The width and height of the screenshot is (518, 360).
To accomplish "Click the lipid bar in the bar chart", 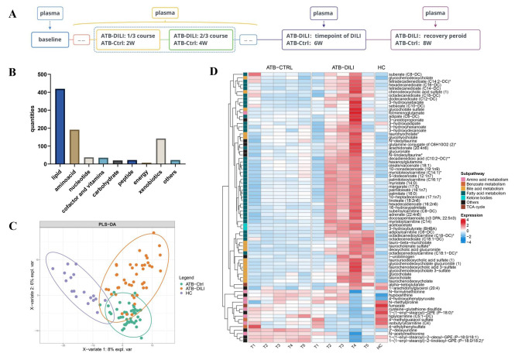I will click(36, 116).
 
